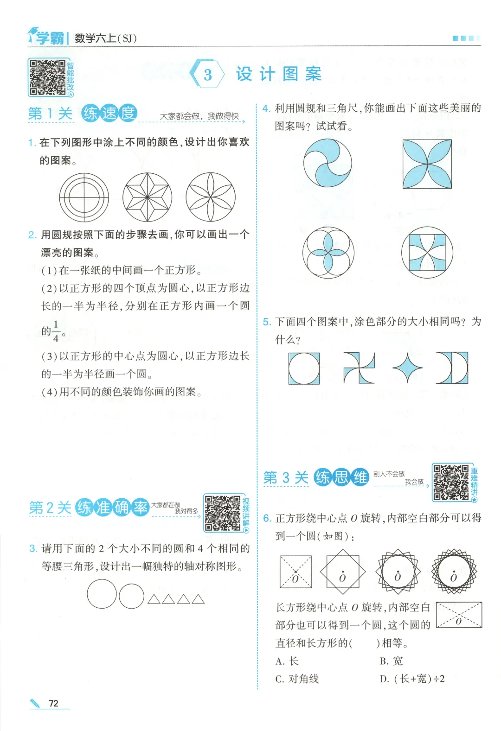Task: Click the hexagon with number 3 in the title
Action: [x=207, y=74]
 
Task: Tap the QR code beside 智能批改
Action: [x=48, y=77]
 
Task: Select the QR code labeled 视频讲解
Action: [x=222, y=513]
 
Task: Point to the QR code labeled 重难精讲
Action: [x=451, y=483]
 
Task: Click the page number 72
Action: [x=53, y=703]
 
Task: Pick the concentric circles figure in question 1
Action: [x=84, y=197]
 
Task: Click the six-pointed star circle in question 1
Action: [x=148, y=197]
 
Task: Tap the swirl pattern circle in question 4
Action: [x=328, y=163]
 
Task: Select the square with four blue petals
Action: [x=427, y=164]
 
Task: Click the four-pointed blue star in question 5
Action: [x=407, y=368]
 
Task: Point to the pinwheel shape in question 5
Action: [x=359, y=368]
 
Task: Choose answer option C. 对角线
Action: [x=297, y=679]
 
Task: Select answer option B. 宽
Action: [x=391, y=661]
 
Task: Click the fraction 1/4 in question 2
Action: [x=56, y=331]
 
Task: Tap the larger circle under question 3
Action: [x=102, y=594]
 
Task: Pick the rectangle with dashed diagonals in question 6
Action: [x=459, y=615]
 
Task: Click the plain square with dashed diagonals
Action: [x=295, y=572]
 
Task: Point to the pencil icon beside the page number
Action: [x=35, y=703]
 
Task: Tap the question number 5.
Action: [x=267, y=322]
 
